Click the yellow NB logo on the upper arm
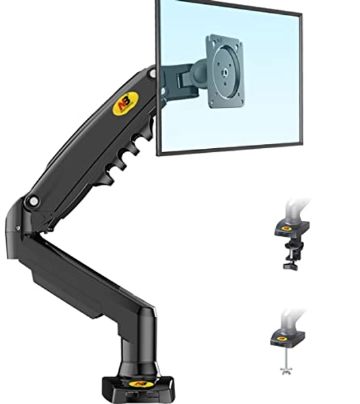124,103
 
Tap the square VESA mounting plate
224,71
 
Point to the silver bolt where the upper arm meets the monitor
152,73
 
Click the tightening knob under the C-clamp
291,265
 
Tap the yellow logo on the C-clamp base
288,228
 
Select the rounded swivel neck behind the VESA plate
195,74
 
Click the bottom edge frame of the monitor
229,149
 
